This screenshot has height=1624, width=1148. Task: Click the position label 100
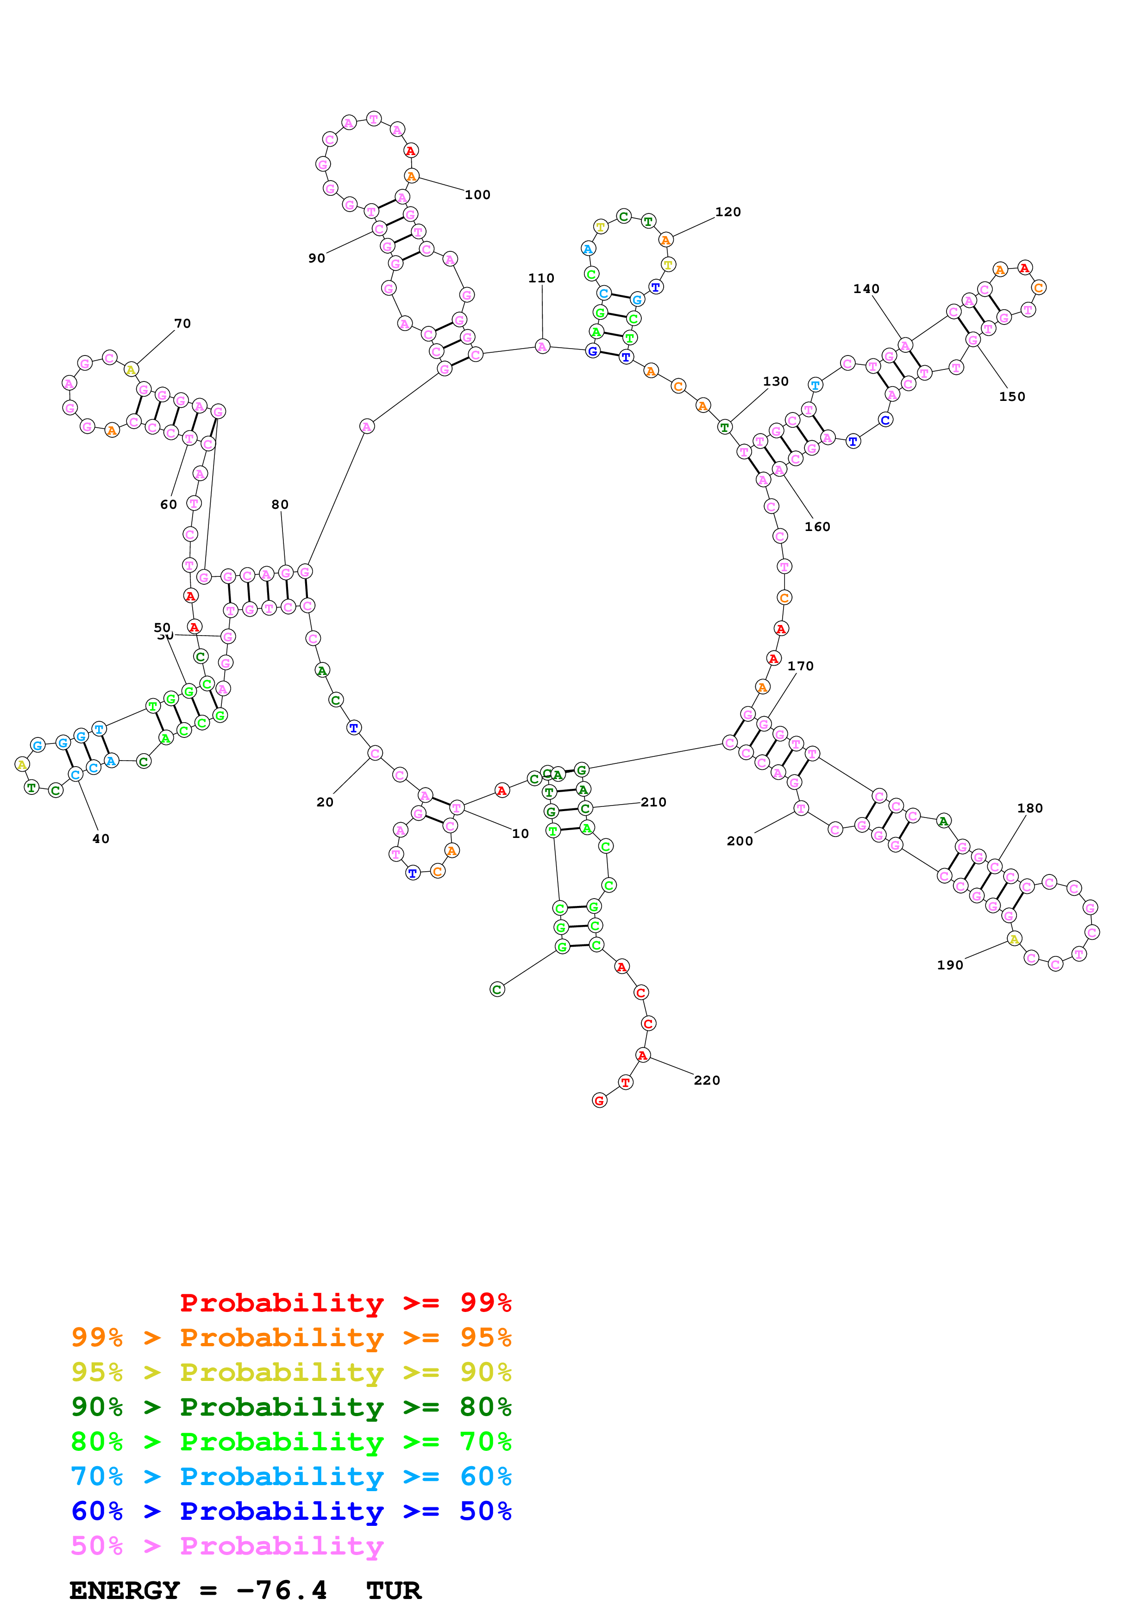point(477,194)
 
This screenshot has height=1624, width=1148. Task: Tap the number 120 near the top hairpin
point(728,212)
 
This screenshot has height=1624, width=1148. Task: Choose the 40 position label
point(101,839)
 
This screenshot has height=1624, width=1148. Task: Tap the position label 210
point(653,802)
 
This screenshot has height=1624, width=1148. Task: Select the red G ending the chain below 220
point(600,1100)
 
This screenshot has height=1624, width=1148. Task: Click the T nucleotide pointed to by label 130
point(724,427)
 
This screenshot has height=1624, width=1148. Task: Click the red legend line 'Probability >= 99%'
point(345,1302)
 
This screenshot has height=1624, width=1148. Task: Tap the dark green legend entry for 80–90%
point(291,1407)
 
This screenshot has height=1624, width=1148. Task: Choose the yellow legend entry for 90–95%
point(291,1372)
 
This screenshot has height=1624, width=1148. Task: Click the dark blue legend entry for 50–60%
point(291,1511)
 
